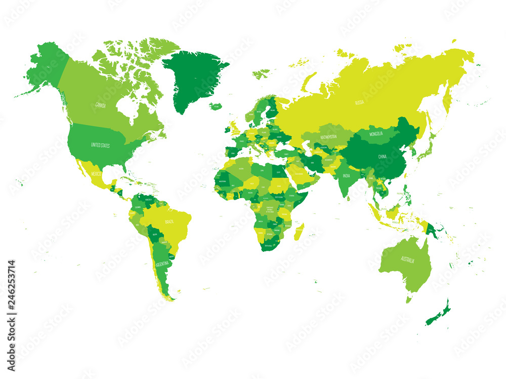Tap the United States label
100,145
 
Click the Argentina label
162,264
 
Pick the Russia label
359,102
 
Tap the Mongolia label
375,134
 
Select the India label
346,176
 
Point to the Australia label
407,260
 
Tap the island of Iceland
216,106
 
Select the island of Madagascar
299,232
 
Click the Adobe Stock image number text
12,294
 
